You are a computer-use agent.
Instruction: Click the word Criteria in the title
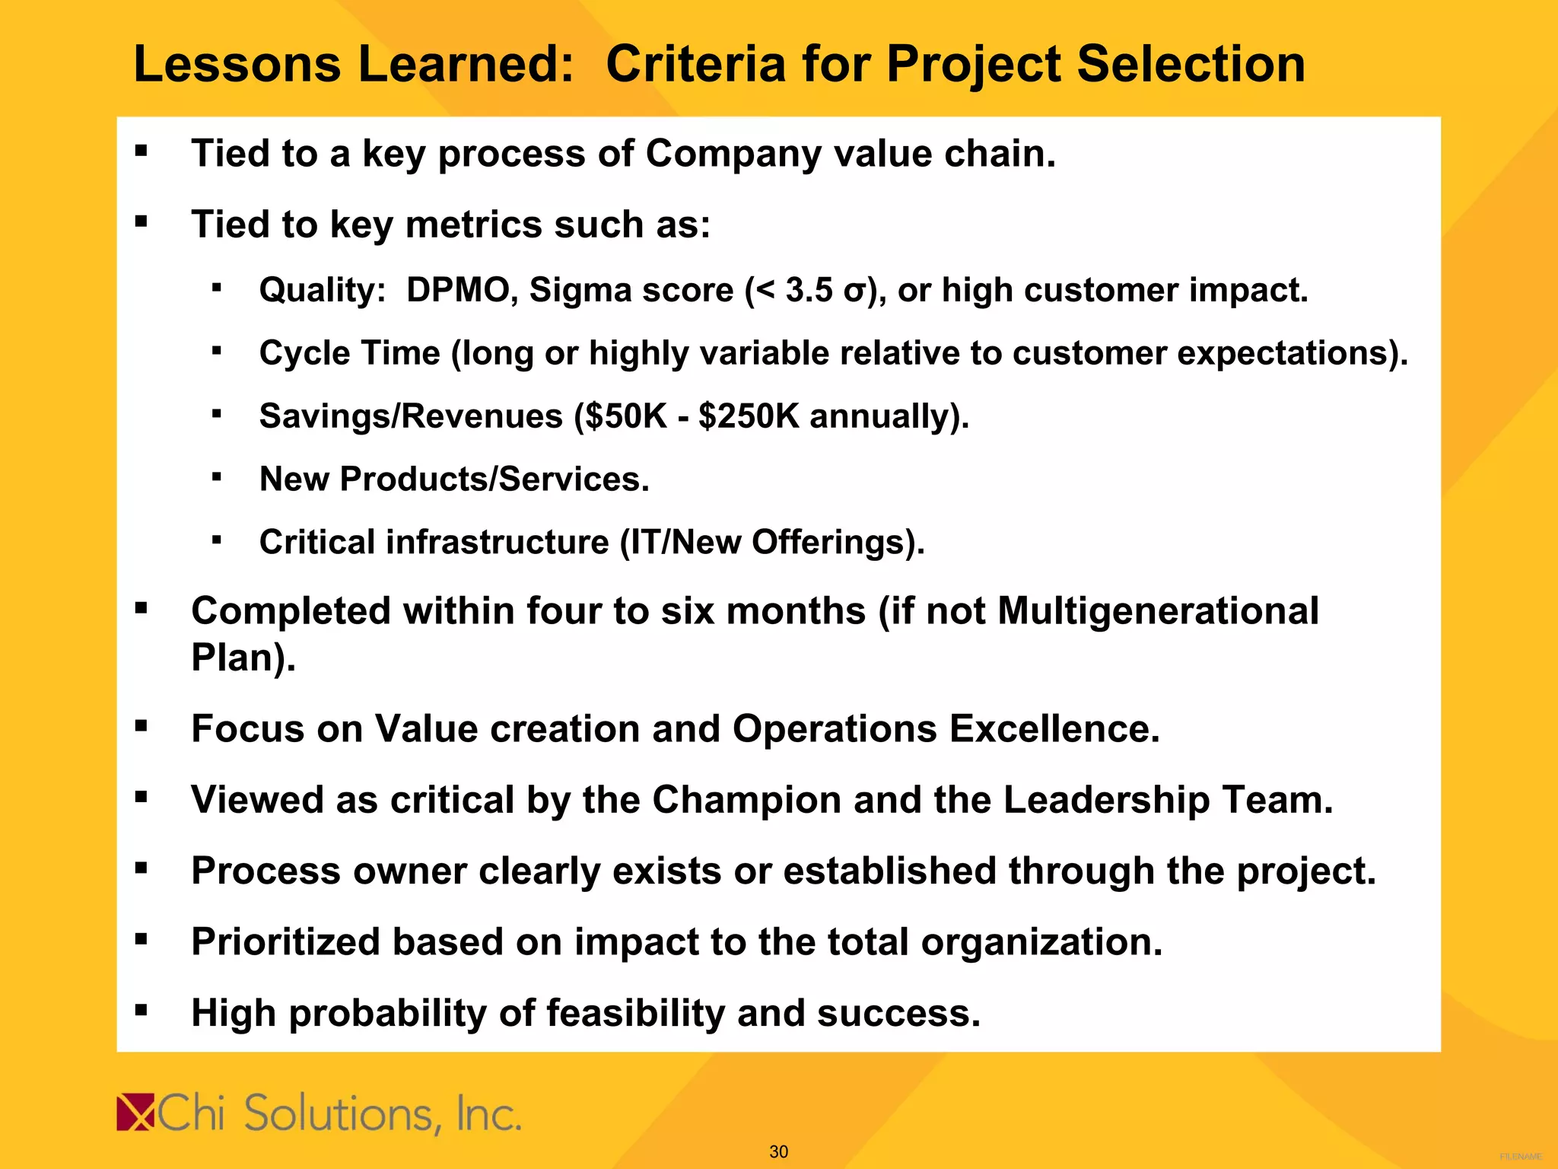695,64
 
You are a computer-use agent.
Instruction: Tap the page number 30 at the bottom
778,1151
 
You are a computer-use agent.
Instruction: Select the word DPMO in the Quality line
457,290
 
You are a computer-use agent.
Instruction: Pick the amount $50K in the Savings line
622,416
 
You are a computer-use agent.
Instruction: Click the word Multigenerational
1157,611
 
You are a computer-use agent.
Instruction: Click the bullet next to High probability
141,1011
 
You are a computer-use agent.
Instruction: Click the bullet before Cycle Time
217,351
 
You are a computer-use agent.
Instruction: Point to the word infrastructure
498,543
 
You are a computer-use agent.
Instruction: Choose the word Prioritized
285,942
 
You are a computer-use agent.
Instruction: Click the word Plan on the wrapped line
233,658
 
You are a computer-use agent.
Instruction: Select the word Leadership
1106,800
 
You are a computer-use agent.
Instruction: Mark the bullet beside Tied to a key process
141,151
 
